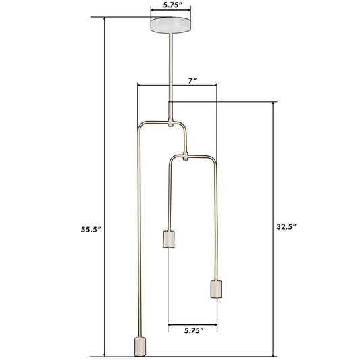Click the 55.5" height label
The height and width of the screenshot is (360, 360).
point(91,230)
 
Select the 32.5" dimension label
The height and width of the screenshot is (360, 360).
point(286,227)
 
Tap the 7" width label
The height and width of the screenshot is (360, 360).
point(192,81)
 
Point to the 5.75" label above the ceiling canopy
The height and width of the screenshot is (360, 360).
point(173,5)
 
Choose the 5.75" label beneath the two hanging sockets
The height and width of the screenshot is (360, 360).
point(194,330)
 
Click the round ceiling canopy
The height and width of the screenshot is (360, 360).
point(171,25)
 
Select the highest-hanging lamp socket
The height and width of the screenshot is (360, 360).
point(169,239)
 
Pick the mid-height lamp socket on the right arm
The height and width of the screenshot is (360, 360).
point(216,289)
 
